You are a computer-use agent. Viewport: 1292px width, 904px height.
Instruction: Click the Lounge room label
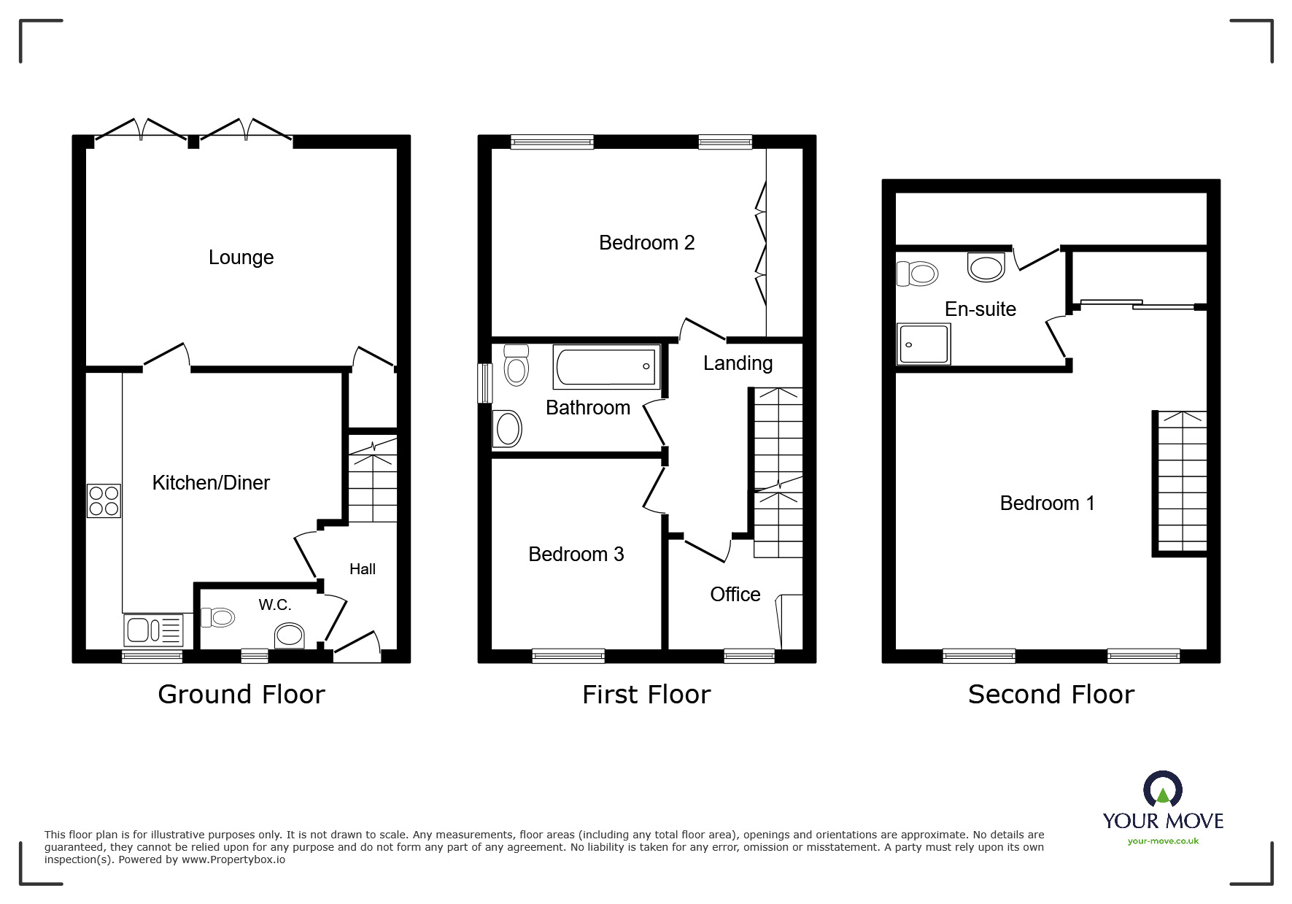(241, 258)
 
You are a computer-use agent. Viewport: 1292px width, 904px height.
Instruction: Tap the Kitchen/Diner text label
(211, 482)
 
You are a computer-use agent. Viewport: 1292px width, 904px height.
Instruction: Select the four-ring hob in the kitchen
(104, 501)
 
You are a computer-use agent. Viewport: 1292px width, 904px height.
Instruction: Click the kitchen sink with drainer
(154, 630)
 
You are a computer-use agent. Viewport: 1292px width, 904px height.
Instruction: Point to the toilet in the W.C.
(217, 618)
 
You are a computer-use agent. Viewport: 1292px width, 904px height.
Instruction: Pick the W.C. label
(274, 604)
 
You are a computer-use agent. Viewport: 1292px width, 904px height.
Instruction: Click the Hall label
(362, 569)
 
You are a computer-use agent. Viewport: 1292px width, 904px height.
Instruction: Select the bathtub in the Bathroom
(606, 366)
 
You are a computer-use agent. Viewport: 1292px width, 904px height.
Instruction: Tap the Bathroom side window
(484, 382)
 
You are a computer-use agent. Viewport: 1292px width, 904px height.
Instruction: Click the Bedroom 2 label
(646, 243)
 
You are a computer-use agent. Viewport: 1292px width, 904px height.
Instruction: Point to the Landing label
(738, 363)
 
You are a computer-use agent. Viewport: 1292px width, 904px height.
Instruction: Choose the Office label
(735, 594)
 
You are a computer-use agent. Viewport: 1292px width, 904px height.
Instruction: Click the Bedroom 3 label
(576, 555)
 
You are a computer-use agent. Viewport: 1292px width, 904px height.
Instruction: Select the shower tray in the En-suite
(924, 344)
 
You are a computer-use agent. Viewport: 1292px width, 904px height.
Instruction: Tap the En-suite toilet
(917, 274)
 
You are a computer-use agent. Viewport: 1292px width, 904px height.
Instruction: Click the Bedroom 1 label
(1047, 503)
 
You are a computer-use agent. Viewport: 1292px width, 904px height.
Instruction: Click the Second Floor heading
(1051, 695)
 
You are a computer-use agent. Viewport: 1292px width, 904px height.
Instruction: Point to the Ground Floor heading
(241, 695)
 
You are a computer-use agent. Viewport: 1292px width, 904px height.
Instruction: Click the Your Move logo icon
(1162, 791)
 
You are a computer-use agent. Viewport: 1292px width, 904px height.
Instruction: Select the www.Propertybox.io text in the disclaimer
(233, 859)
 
